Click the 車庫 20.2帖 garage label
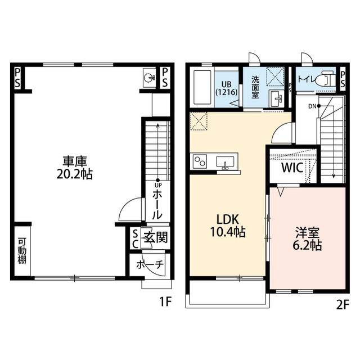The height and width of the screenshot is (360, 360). tap(75, 168)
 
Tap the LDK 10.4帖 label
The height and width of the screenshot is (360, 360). tap(228, 226)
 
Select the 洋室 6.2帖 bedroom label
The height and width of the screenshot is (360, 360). tap(307, 238)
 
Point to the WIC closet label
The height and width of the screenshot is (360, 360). tap(292, 168)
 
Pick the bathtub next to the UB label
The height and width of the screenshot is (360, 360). tap(202, 88)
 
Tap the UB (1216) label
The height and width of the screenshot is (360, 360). tap(226, 88)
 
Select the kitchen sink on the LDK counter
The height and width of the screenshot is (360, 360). tap(225, 162)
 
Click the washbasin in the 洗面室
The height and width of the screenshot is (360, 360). tap(276, 99)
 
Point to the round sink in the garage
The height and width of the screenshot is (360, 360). tap(149, 78)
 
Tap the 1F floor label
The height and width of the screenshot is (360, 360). tap(166, 301)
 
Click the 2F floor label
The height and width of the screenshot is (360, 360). tap(343, 305)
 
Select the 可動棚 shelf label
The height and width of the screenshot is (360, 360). tap(22, 251)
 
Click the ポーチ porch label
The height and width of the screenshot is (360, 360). tap(150, 265)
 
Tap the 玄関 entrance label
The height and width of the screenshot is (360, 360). tap(156, 237)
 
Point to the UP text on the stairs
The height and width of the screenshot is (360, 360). tap(158, 185)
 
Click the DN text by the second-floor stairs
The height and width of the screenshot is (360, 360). tap(312, 106)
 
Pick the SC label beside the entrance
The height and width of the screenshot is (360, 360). tap(136, 240)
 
